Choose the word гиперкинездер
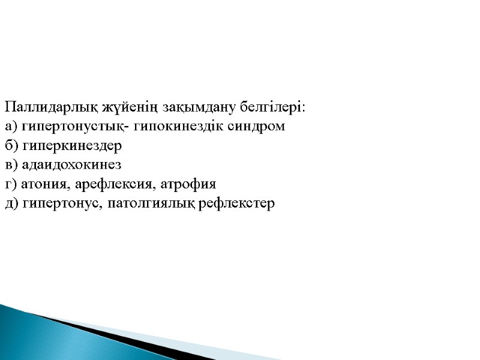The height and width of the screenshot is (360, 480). click(71, 146)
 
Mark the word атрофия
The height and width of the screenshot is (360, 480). click(188, 184)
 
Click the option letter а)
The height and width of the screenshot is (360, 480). click(10, 127)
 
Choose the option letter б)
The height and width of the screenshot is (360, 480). click(10, 146)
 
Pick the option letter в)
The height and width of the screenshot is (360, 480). click(10, 165)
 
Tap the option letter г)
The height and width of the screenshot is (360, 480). click(10, 184)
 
